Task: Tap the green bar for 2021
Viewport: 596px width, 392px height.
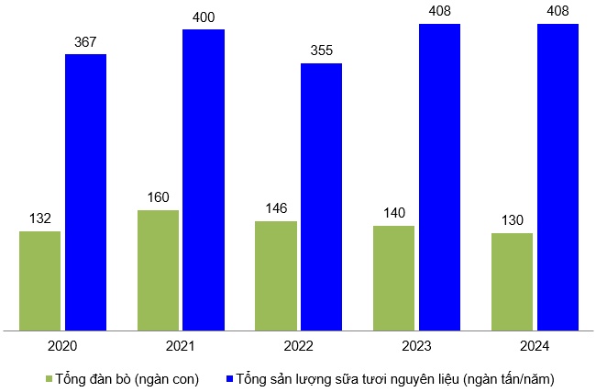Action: (x=158, y=269)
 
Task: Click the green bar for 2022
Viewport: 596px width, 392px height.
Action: (x=276, y=274)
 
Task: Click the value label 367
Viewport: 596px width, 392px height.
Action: (x=85, y=42)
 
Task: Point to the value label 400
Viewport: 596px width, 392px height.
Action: (x=204, y=17)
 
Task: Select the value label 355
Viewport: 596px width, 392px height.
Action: (x=321, y=51)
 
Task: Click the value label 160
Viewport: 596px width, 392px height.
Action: (x=158, y=197)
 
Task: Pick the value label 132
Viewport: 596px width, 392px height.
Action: (x=39, y=218)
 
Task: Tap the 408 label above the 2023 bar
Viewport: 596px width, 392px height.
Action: (x=439, y=12)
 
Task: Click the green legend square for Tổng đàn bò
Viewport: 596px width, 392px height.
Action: (x=47, y=378)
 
